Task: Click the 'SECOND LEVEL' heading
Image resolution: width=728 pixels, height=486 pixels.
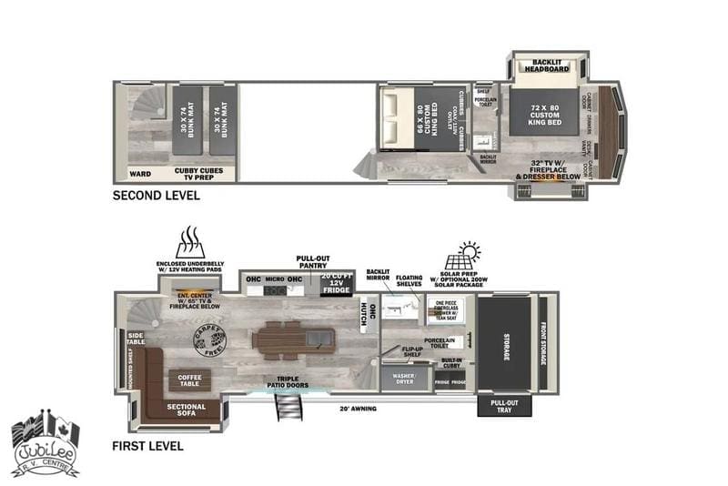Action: pos(151,196)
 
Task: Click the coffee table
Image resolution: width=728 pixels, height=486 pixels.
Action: pos(189,379)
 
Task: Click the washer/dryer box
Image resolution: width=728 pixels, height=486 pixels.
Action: pos(402,379)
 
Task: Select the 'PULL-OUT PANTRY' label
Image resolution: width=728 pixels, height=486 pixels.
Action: pos(312,261)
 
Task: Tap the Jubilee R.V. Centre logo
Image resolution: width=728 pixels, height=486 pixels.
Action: pos(45,447)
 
